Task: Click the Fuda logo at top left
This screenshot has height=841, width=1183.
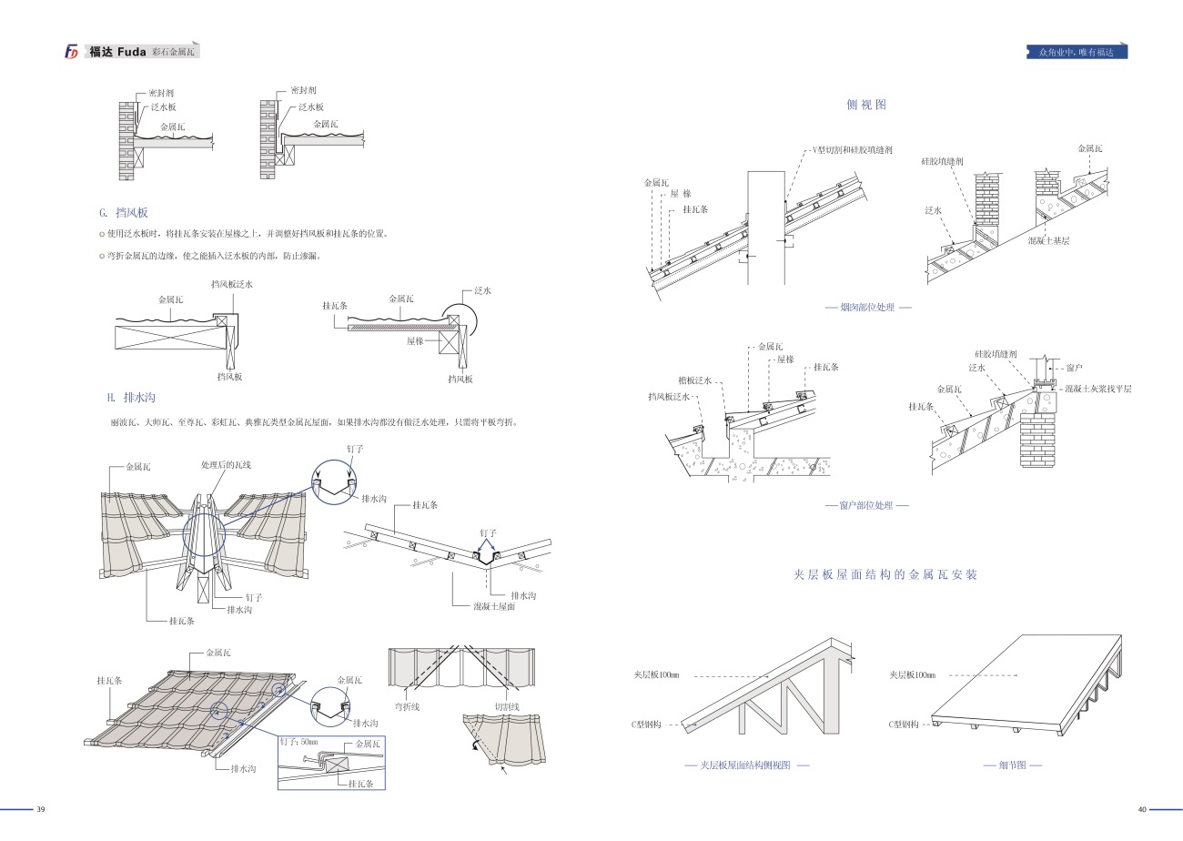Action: pyautogui.click(x=72, y=52)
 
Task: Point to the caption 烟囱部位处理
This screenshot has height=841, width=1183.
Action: pyautogui.click(x=867, y=308)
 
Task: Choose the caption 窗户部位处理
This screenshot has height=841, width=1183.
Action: pyautogui.click(x=866, y=505)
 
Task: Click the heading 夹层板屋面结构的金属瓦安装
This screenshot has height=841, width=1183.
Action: pyautogui.click(x=885, y=574)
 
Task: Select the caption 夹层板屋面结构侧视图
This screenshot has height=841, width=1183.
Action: pyautogui.click(x=746, y=765)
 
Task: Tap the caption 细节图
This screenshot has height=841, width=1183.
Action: pyautogui.click(x=1012, y=765)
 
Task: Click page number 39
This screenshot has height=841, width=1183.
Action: pyautogui.click(x=40, y=810)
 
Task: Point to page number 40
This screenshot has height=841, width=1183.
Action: pyautogui.click(x=1142, y=810)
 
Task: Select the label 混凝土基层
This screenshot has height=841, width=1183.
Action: pyautogui.click(x=1047, y=240)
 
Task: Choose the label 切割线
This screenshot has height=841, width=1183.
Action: pyautogui.click(x=507, y=706)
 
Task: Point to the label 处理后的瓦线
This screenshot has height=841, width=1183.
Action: pyautogui.click(x=226, y=465)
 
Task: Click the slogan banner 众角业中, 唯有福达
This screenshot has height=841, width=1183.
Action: pyautogui.click(x=1076, y=52)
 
